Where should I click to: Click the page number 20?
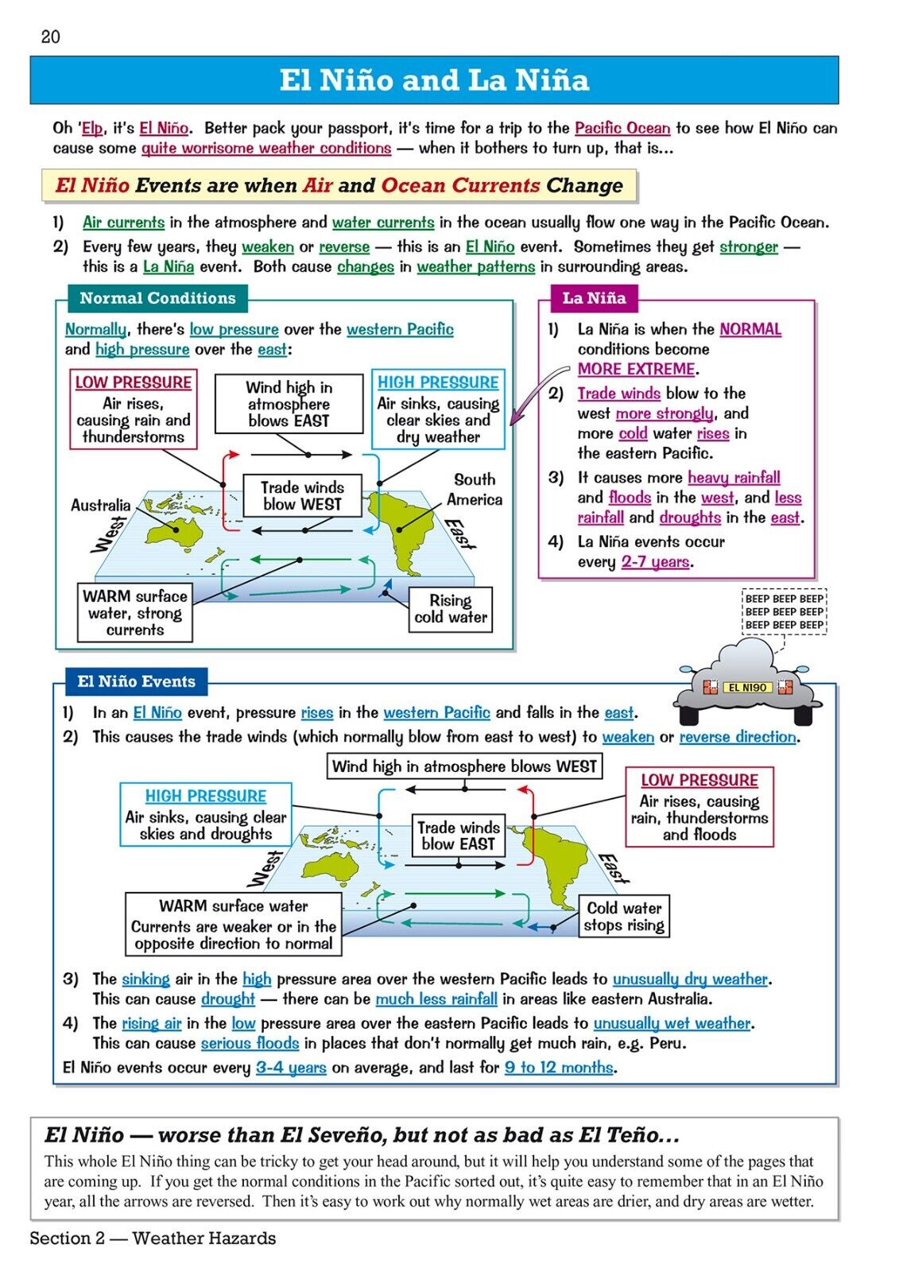(x=50, y=37)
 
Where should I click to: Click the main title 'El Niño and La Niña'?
(x=434, y=80)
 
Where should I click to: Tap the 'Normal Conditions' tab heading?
(x=157, y=298)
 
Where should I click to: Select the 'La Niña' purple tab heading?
(x=594, y=298)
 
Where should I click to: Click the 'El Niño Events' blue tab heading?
(x=136, y=681)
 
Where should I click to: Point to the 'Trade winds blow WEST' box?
(x=302, y=496)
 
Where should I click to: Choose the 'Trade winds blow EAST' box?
(x=458, y=836)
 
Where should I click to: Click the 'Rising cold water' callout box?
(x=450, y=609)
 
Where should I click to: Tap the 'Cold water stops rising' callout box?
(x=624, y=917)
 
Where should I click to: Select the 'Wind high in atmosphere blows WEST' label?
(x=464, y=766)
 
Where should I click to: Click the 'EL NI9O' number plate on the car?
(x=747, y=688)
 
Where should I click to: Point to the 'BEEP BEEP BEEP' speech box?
(x=784, y=611)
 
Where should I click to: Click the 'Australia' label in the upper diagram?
(x=100, y=505)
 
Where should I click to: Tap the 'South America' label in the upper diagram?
(x=475, y=490)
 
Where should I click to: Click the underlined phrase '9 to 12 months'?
(x=559, y=1068)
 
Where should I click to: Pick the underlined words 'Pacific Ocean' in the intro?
(x=622, y=128)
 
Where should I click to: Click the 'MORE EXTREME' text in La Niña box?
(x=637, y=369)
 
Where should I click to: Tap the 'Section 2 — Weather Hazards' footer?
(x=153, y=1238)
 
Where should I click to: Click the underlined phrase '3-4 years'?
(x=291, y=1068)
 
